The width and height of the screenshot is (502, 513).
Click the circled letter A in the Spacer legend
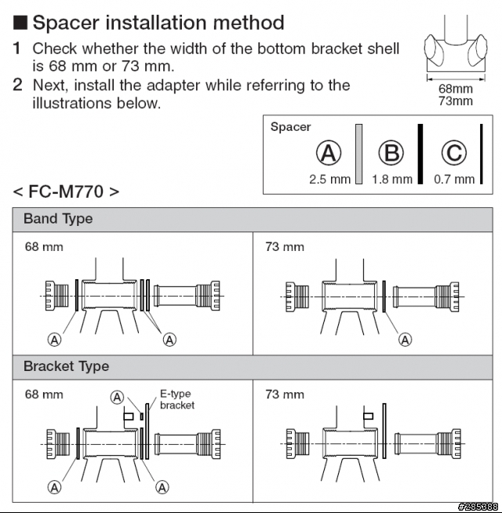(329, 153)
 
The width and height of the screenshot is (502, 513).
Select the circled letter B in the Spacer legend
(391, 153)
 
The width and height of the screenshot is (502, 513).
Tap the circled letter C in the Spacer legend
(454, 153)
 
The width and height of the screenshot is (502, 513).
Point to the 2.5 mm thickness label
(329, 179)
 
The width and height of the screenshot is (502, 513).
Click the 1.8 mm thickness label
(391, 179)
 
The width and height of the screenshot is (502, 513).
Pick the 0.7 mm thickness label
(454, 179)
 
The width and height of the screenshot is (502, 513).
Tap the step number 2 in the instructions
(17, 85)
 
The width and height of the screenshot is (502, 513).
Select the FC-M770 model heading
(66, 191)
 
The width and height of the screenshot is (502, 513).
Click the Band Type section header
(58, 219)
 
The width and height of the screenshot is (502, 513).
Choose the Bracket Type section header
(66, 366)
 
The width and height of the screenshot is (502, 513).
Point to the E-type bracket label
(177, 399)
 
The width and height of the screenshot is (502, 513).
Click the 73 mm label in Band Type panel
(285, 247)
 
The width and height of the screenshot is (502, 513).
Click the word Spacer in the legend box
(290, 127)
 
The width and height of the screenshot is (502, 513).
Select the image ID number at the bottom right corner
(479, 506)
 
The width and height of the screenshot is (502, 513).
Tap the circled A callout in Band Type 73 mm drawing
(406, 339)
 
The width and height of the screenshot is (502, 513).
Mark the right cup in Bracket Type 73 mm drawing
(446, 445)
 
